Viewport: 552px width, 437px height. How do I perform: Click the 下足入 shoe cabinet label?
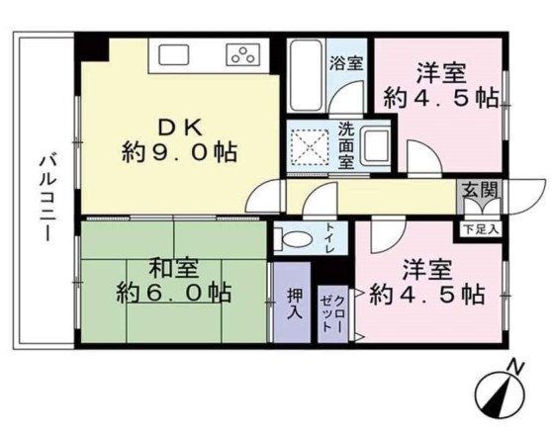click(x=481, y=228)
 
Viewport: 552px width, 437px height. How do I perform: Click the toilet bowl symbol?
click(x=293, y=237)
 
